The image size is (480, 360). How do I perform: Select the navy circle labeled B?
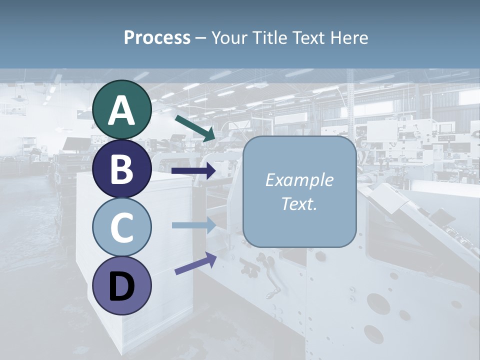121,169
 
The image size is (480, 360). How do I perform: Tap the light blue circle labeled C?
121,227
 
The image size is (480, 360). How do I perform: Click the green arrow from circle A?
195,128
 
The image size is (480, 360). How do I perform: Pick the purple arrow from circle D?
195,263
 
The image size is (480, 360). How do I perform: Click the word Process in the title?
157,38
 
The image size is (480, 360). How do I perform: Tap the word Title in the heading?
268,38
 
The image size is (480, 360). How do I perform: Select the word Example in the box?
299,180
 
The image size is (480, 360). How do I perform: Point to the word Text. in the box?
299,203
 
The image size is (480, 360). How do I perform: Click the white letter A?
121,110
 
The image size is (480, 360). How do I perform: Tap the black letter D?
121,286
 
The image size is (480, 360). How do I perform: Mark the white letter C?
121,227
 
